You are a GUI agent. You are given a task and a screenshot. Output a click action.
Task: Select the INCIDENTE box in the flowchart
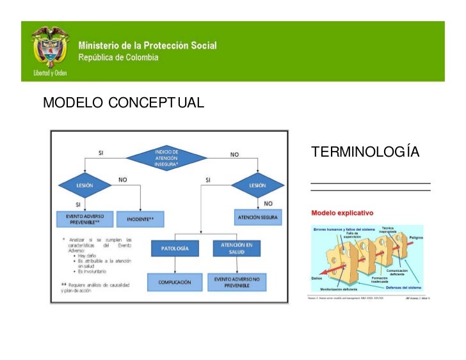(140, 219)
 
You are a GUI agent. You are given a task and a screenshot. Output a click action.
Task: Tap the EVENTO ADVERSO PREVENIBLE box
(84, 219)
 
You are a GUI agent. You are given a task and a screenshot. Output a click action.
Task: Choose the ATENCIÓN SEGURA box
(257, 217)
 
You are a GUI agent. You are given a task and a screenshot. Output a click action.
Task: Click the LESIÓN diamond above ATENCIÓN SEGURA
(257, 186)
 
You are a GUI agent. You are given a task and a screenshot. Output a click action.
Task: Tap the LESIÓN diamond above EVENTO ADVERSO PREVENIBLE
(84, 186)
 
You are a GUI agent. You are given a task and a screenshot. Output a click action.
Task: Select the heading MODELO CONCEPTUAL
(123, 102)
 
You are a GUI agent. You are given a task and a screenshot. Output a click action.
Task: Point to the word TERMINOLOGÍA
(365, 152)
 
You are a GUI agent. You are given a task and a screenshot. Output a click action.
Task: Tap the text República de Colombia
(118, 58)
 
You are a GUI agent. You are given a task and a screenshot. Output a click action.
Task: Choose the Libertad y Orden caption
(50, 72)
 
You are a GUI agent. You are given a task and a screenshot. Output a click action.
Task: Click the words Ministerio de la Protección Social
(147, 46)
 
